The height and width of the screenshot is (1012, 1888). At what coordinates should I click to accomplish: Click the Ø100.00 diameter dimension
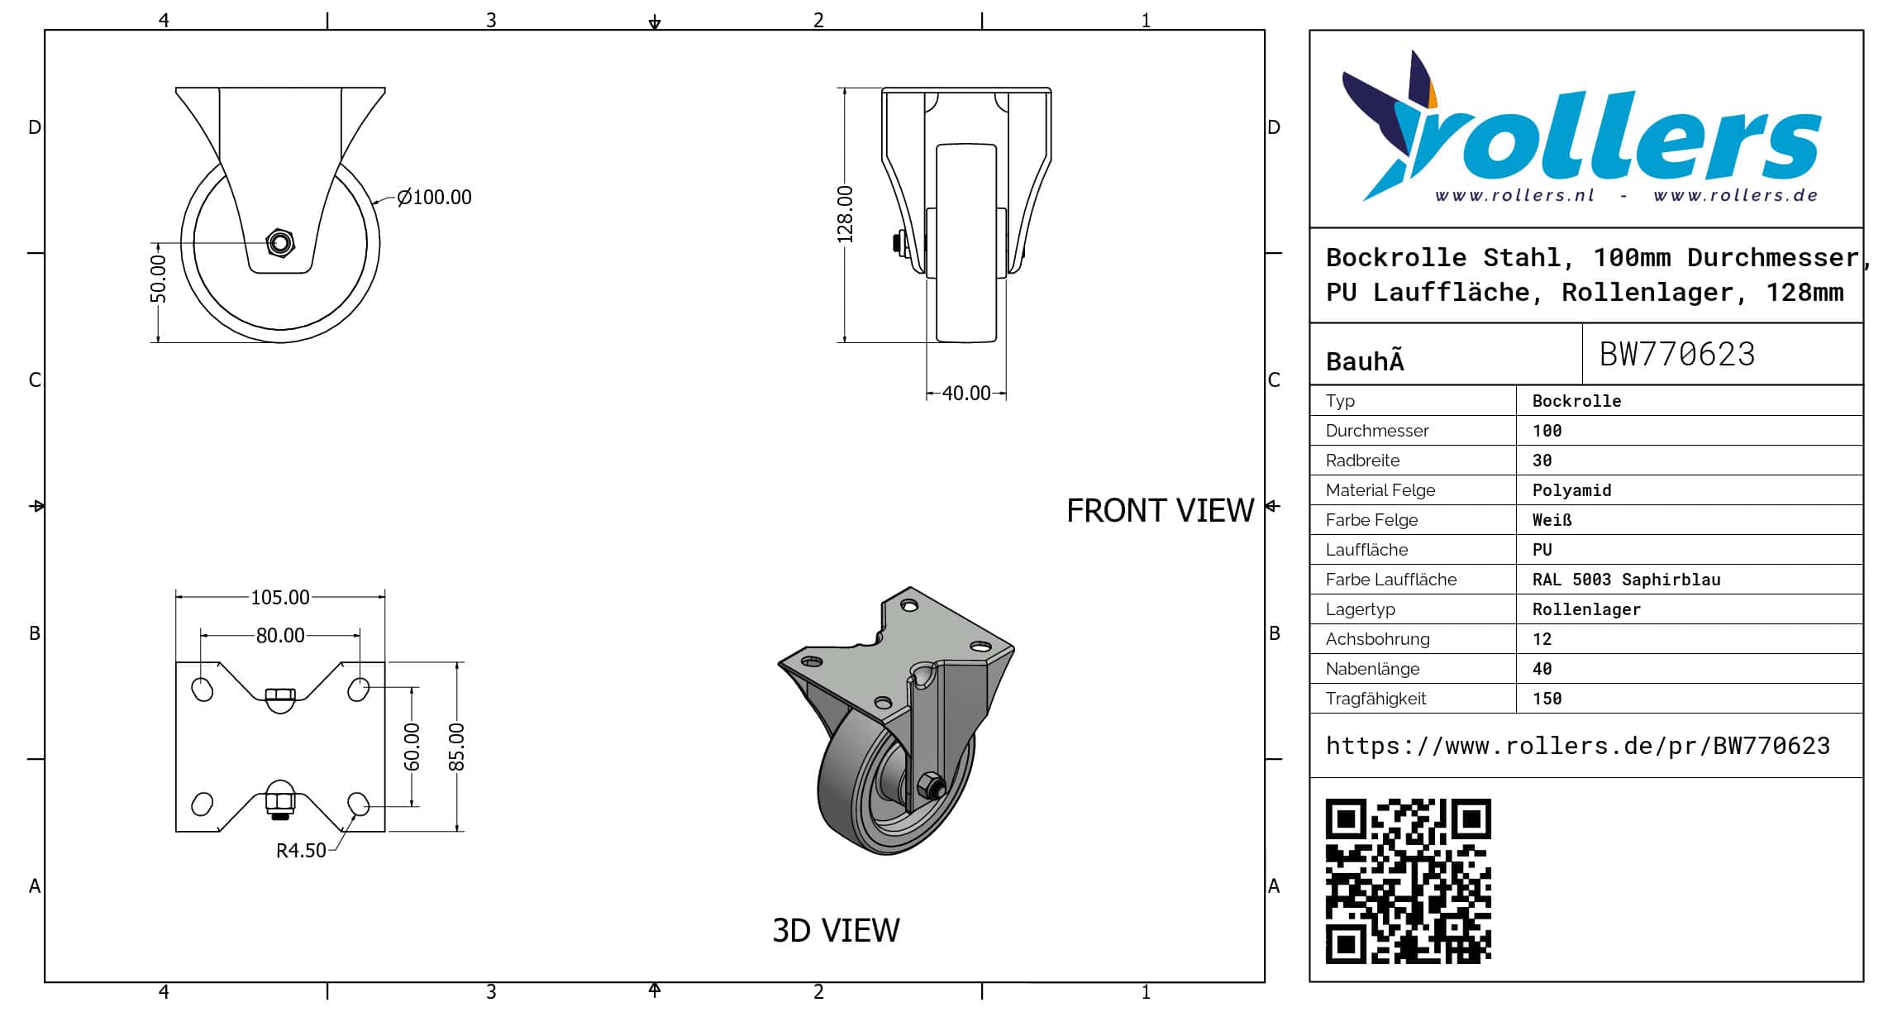434,197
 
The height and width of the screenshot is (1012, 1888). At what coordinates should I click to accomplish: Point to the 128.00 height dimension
844,214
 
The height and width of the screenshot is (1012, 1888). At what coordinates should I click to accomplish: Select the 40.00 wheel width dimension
965,394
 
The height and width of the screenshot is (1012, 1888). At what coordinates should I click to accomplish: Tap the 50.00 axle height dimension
158,279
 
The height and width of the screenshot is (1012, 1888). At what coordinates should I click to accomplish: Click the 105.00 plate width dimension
280,597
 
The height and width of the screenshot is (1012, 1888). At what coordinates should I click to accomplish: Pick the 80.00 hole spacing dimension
280,635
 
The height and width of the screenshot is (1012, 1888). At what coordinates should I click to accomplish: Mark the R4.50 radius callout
301,851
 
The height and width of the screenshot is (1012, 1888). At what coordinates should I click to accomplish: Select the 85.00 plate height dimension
456,747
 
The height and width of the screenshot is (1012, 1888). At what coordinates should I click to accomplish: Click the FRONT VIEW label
1160,511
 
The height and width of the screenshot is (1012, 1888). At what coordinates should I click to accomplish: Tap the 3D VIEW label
836,931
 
